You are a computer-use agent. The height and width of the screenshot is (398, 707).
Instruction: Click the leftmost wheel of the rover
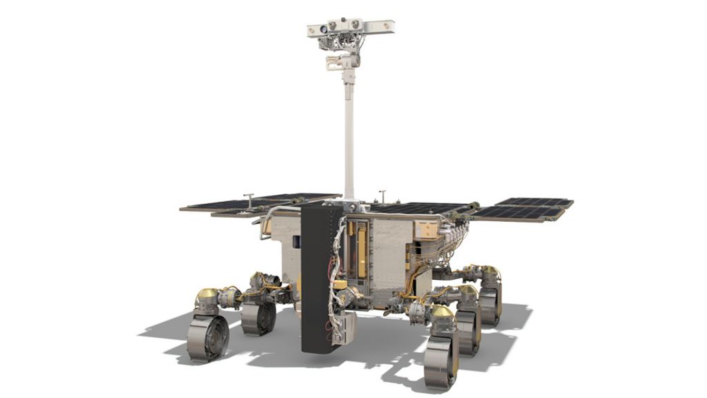click(207, 337)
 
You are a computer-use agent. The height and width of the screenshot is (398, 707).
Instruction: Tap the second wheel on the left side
click(259, 319)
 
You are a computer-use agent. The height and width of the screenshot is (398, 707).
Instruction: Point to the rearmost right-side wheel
click(490, 304)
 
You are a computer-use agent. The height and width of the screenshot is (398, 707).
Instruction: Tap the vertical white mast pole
click(349, 138)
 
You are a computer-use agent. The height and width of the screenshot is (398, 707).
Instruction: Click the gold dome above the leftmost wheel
click(206, 296)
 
